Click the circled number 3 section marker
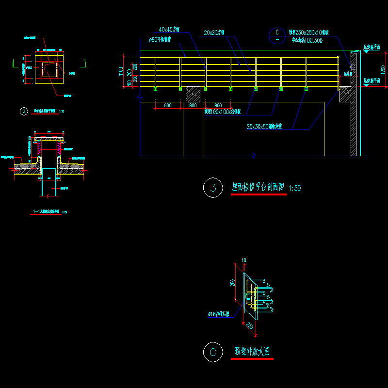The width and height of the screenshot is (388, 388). point(213,188)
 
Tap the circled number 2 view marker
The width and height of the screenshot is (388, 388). point(24,111)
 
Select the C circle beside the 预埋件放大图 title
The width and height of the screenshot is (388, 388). point(213,352)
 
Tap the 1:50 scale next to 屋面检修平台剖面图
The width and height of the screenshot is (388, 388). point(294,188)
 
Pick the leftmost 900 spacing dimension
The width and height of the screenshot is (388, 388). point(167,106)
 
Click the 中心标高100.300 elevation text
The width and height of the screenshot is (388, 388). point(307,41)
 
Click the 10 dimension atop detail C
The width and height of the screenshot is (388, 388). point(243,260)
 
